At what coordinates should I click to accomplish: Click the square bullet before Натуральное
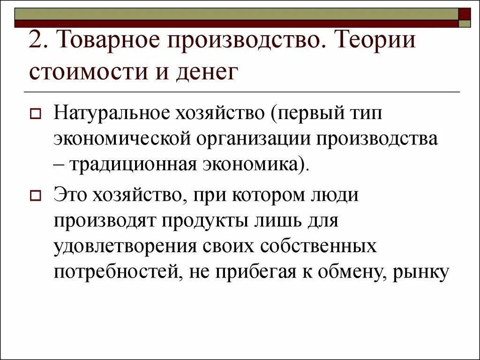coord(36,114)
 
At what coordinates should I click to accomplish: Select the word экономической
coord(126,139)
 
